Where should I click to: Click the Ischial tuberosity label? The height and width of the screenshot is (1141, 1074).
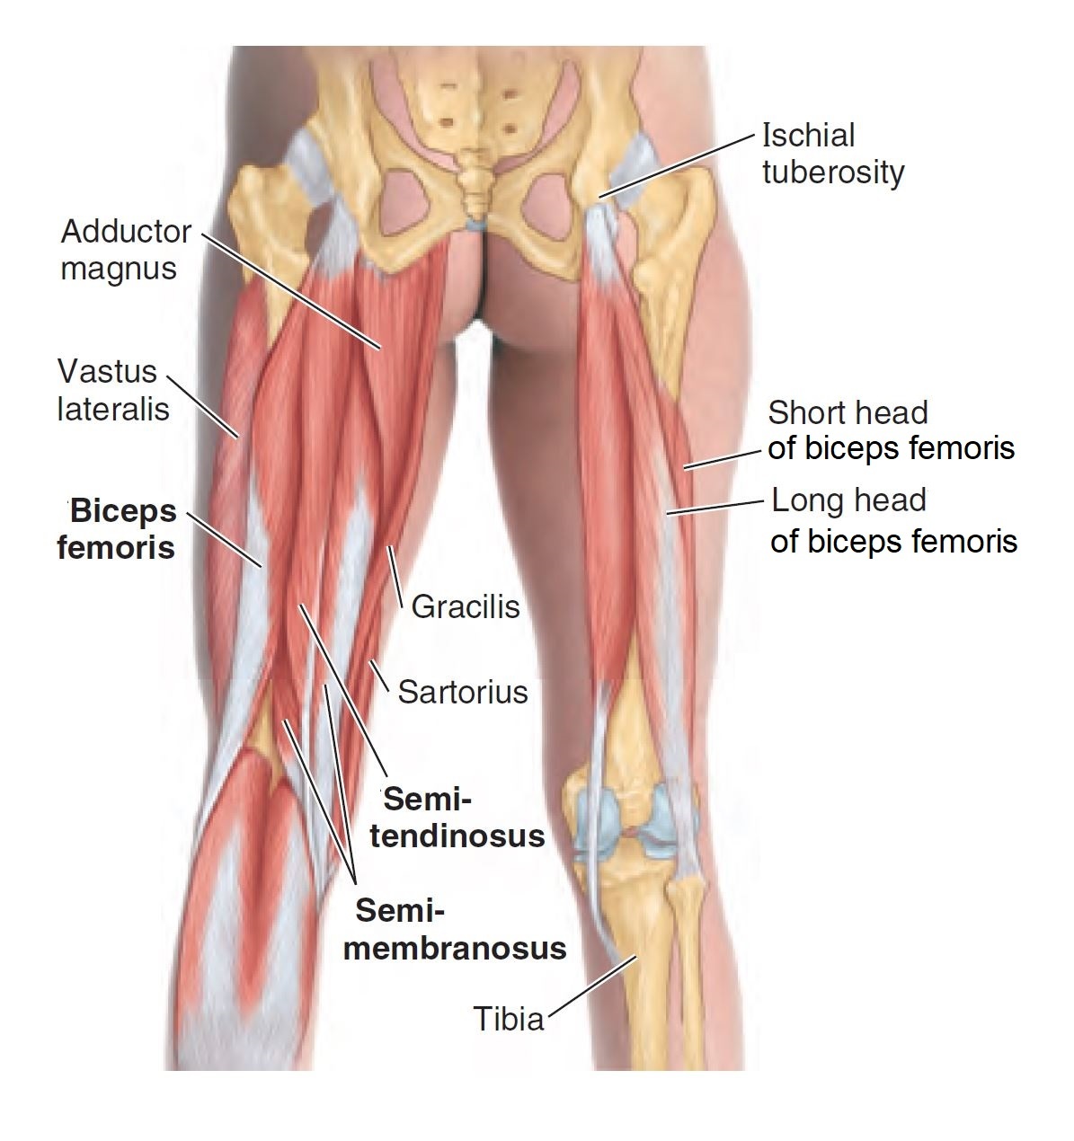click(832, 154)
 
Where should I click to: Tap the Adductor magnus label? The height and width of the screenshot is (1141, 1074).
click(125, 250)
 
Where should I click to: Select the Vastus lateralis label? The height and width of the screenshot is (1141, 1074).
click(112, 390)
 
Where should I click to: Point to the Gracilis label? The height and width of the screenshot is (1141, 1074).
click(466, 607)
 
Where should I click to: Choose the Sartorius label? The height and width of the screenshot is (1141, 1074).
click(462, 692)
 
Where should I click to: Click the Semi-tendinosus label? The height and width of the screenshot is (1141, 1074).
click(457, 818)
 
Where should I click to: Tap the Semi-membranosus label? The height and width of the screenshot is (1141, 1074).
click(455, 930)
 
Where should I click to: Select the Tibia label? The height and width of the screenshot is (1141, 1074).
click(509, 1020)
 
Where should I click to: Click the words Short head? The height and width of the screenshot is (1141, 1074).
click(847, 413)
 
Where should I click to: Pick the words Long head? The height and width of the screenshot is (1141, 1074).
click(848, 500)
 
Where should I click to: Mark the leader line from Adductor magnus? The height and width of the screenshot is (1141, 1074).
click(292, 290)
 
